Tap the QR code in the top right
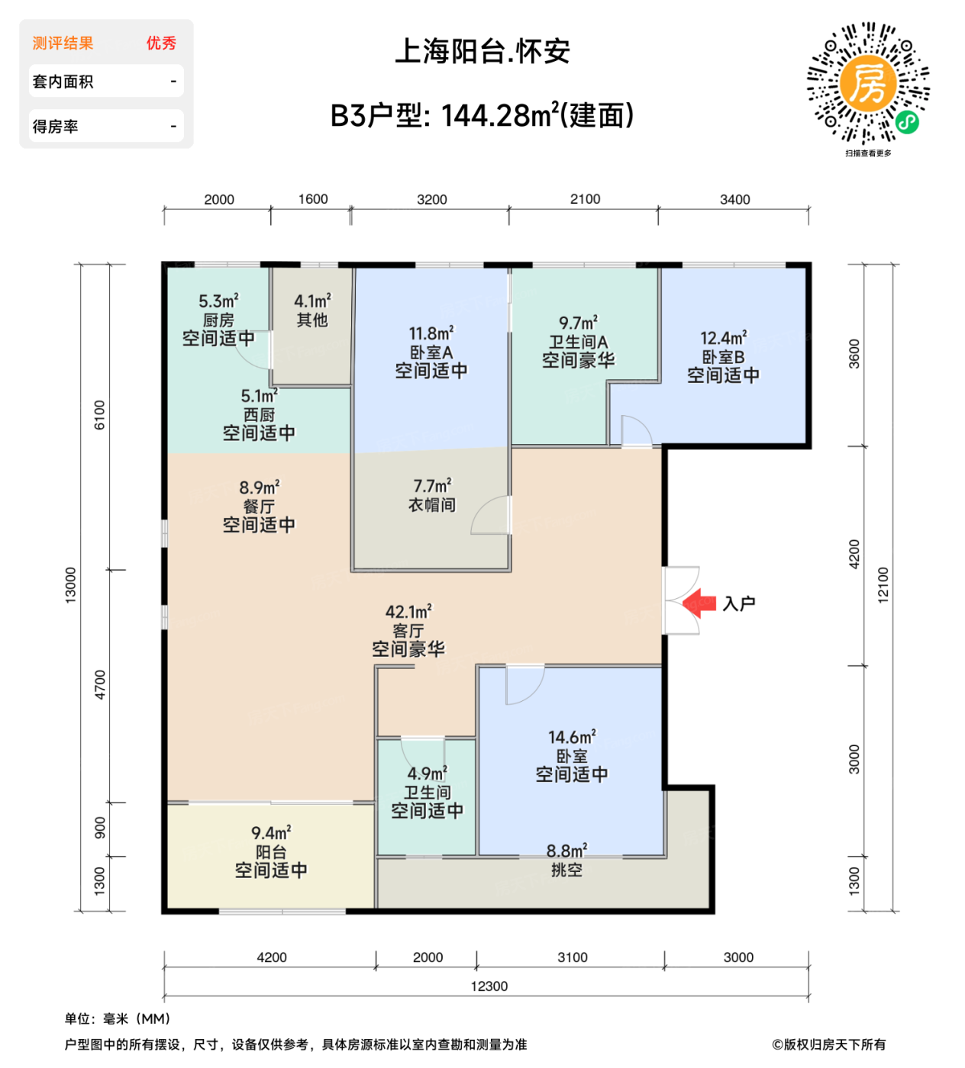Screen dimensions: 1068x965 868,83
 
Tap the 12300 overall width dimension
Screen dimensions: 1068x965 489,986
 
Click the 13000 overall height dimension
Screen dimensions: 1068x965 71,585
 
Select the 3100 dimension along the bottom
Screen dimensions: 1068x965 573,957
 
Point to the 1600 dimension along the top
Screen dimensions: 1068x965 313,199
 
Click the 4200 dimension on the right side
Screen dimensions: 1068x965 854,554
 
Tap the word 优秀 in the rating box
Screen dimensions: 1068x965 161,43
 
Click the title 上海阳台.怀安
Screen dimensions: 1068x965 482,51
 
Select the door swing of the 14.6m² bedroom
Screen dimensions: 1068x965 524,684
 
